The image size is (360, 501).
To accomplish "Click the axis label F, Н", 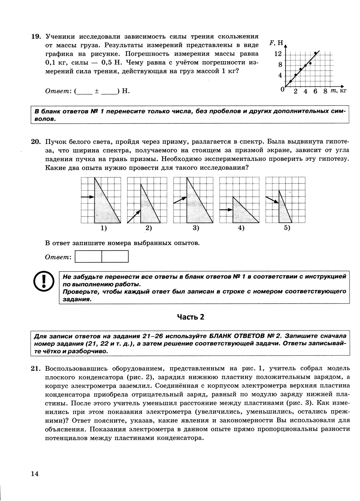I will coord(276,43).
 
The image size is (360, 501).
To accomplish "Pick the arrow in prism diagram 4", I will coord(226,210).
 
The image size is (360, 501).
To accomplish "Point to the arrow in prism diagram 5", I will coord(272,200).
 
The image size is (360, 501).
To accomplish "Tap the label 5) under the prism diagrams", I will coord(287,228).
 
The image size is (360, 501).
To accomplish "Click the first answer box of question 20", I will coord(89,256).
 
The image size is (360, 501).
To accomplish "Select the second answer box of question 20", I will coord(115,256).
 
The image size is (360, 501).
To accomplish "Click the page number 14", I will coord(35,473).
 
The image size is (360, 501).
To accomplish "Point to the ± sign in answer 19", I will coord(96,91).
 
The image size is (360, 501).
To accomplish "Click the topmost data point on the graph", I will coord(316,53).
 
